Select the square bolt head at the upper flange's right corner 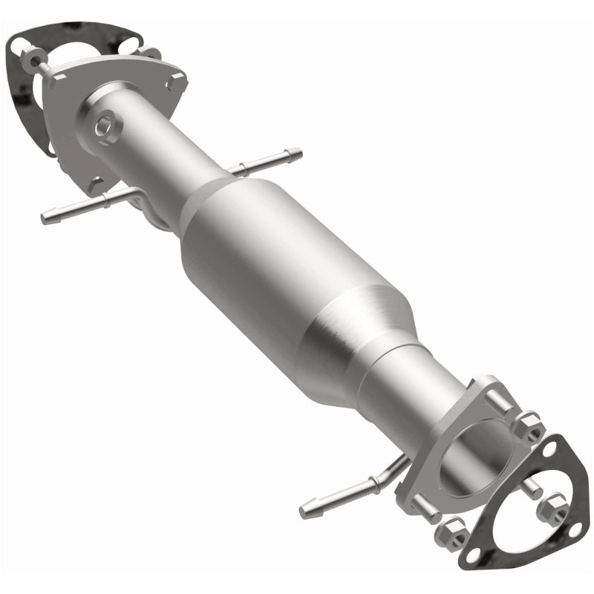(x=174, y=82)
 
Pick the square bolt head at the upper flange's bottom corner (x=94, y=183)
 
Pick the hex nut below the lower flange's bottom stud (x=452, y=532)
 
